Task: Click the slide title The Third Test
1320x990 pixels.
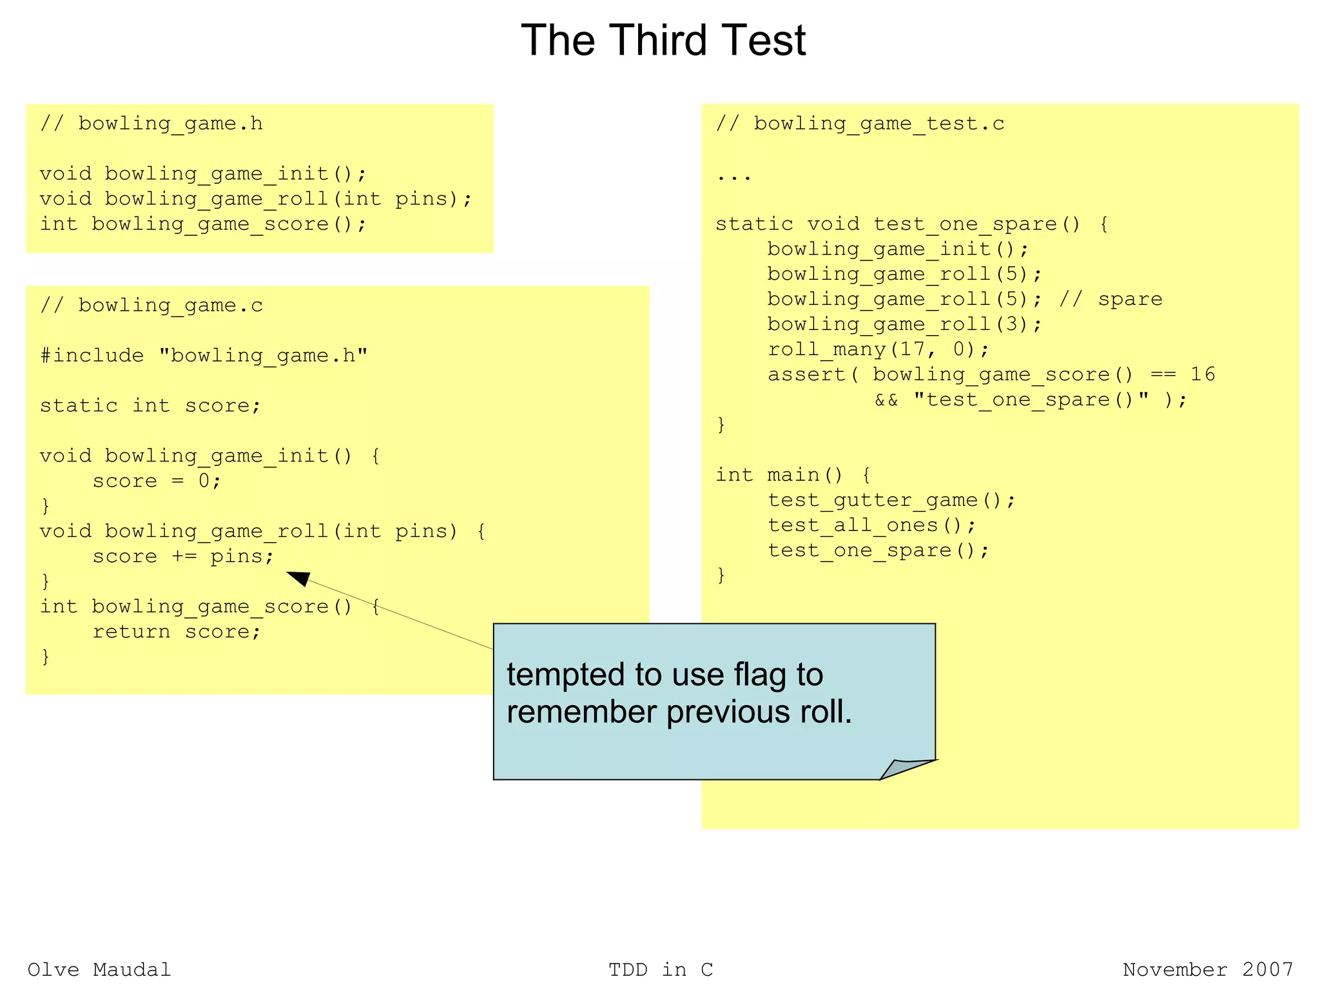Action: [x=663, y=41]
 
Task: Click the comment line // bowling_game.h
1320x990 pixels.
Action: [x=151, y=123]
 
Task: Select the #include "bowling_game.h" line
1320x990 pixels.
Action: [x=204, y=355]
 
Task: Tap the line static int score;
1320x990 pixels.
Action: [x=150, y=405]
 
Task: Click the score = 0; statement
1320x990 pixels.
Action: [x=157, y=481]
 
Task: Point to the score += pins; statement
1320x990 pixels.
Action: [x=183, y=556]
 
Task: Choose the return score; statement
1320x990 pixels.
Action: [x=177, y=632]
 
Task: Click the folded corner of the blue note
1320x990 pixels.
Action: [x=906, y=768]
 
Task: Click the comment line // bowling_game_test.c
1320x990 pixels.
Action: [x=860, y=123]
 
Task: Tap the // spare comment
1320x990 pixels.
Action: [x=1111, y=299]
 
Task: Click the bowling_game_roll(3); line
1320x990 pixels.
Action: [x=904, y=324]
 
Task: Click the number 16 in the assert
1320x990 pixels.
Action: [x=1202, y=374]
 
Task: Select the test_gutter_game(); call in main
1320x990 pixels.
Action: [x=891, y=500]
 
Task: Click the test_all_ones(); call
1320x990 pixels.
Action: [x=872, y=525]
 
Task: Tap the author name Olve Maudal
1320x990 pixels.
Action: [x=99, y=969]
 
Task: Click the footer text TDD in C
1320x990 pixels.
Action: [x=661, y=969]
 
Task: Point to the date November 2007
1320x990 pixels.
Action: [x=1208, y=969]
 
